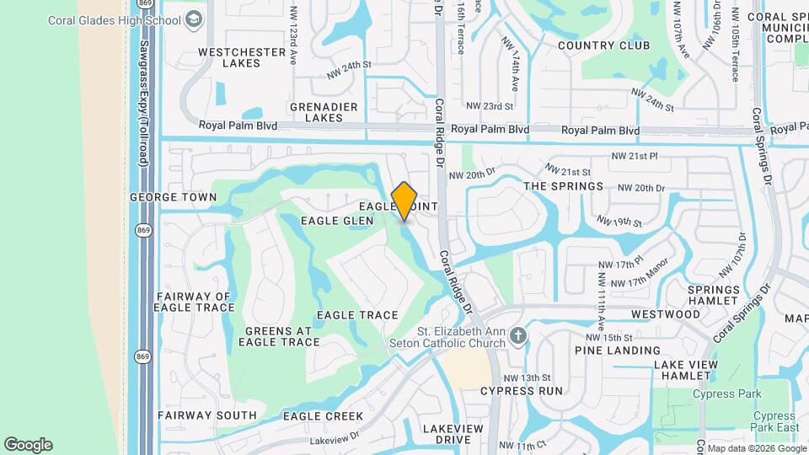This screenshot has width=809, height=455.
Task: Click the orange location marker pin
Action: click(x=404, y=201)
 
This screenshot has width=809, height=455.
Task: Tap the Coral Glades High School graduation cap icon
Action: click(x=194, y=18)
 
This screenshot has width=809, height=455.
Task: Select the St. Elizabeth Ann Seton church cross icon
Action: click(x=518, y=337)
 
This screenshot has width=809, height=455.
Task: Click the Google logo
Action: click(x=28, y=445)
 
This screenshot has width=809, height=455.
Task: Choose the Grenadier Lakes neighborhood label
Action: click(x=324, y=112)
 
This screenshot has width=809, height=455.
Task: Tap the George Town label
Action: click(x=173, y=197)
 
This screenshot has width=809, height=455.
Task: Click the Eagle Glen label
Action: click(x=337, y=221)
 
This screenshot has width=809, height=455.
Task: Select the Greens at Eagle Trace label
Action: click(x=279, y=336)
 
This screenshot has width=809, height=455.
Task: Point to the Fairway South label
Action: click(x=207, y=415)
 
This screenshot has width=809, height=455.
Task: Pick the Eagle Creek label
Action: click(x=323, y=416)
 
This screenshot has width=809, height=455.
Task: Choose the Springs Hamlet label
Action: click(x=714, y=295)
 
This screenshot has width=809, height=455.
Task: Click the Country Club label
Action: click(x=603, y=45)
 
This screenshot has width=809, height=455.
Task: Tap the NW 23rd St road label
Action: click(x=490, y=106)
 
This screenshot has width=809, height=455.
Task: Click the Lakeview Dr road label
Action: click(x=335, y=440)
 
